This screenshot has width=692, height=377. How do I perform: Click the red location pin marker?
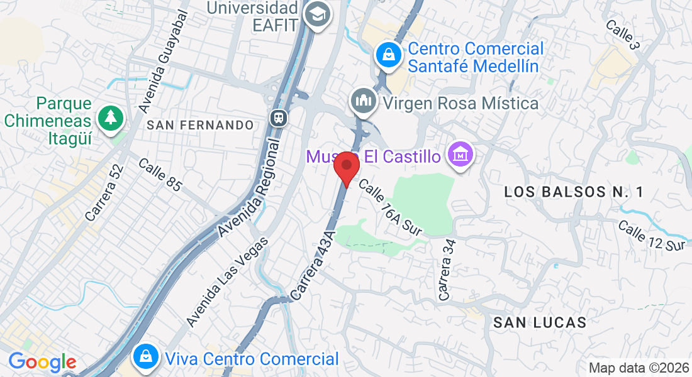[x=346, y=167]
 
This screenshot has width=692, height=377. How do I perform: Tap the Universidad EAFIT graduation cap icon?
[x=317, y=15]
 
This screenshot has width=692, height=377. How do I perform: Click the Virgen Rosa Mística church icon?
[x=364, y=101]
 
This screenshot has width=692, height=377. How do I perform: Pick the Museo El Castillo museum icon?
[x=460, y=154]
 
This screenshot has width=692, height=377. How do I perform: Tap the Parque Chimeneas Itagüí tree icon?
[x=111, y=117]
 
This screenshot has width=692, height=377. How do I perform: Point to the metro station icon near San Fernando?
[x=277, y=117]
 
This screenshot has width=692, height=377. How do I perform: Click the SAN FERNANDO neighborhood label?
[x=200, y=125]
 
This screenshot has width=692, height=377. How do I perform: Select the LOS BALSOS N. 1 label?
[x=574, y=193]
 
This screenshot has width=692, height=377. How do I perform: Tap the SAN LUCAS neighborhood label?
[x=540, y=323]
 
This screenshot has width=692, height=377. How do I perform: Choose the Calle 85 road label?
[x=160, y=175]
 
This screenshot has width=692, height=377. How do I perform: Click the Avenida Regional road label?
[x=250, y=188]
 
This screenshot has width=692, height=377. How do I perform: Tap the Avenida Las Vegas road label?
[x=228, y=281]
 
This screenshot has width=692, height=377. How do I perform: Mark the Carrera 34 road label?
[x=447, y=269]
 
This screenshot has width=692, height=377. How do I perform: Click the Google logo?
[x=42, y=362]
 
